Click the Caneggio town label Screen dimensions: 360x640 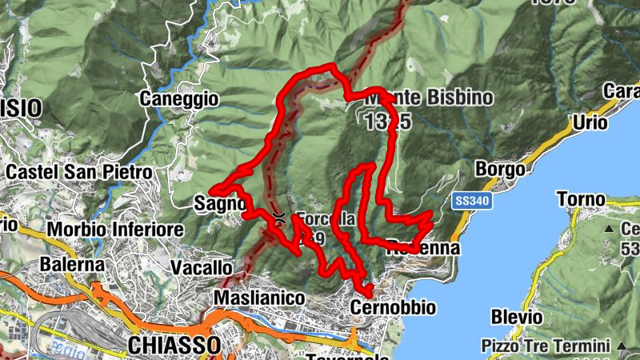178,99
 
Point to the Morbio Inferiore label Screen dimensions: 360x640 115,230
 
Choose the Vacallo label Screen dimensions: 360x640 202,267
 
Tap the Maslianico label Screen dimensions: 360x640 259,298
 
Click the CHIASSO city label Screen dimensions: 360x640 174,346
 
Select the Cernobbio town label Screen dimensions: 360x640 393,307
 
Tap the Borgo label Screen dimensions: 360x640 500,170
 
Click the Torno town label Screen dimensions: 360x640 580,198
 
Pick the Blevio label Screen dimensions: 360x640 516,317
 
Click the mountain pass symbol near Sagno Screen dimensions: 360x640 278,217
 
